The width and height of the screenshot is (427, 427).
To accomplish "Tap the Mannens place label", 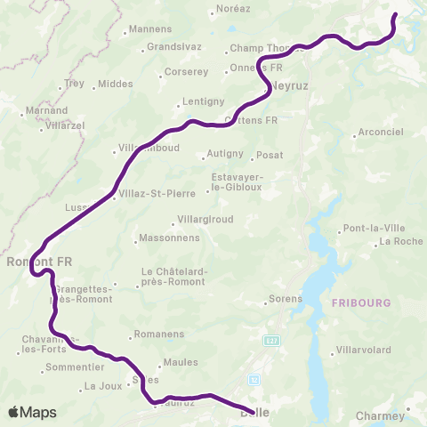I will [149, 29].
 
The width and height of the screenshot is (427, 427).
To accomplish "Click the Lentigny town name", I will [200, 101].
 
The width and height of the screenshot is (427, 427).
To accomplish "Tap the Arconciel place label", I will [380, 134].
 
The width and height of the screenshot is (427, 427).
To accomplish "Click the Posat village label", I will [270, 155].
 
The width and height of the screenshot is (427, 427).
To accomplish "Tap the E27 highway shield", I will [271, 339].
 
